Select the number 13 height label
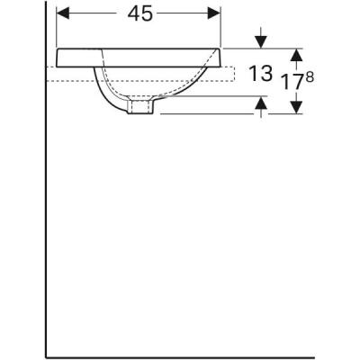click(259, 76)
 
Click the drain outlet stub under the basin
click(139, 108)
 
